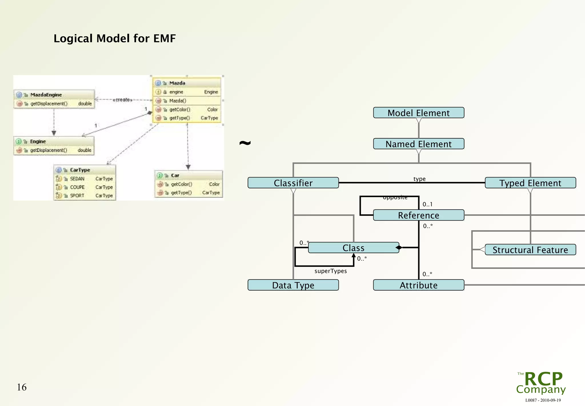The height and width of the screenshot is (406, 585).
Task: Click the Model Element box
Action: (418, 113)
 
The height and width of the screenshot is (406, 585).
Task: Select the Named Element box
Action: (418, 144)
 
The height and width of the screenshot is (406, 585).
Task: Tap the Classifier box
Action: (293, 183)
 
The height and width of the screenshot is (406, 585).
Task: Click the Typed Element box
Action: (530, 183)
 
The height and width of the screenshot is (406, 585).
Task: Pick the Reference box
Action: (418, 215)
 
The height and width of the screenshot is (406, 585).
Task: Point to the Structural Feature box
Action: (530, 250)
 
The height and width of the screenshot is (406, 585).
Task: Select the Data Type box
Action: (293, 285)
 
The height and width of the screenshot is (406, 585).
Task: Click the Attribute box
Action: (418, 285)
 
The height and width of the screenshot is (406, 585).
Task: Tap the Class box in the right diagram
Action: (353, 248)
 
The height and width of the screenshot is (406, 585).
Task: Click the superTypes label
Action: (330, 271)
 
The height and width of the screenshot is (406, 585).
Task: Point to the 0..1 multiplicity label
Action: (427, 204)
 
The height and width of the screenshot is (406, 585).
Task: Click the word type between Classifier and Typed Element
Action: (419, 179)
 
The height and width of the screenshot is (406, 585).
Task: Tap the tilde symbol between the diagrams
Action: (245, 143)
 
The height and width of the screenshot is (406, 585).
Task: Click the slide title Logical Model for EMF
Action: (115, 39)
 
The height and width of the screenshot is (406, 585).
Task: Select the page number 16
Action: (22, 387)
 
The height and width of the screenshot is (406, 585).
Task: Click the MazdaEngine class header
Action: (46, 95)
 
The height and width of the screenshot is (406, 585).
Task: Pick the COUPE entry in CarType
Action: (77, 187)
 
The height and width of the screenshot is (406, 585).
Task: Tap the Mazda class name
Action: (177, 83)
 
